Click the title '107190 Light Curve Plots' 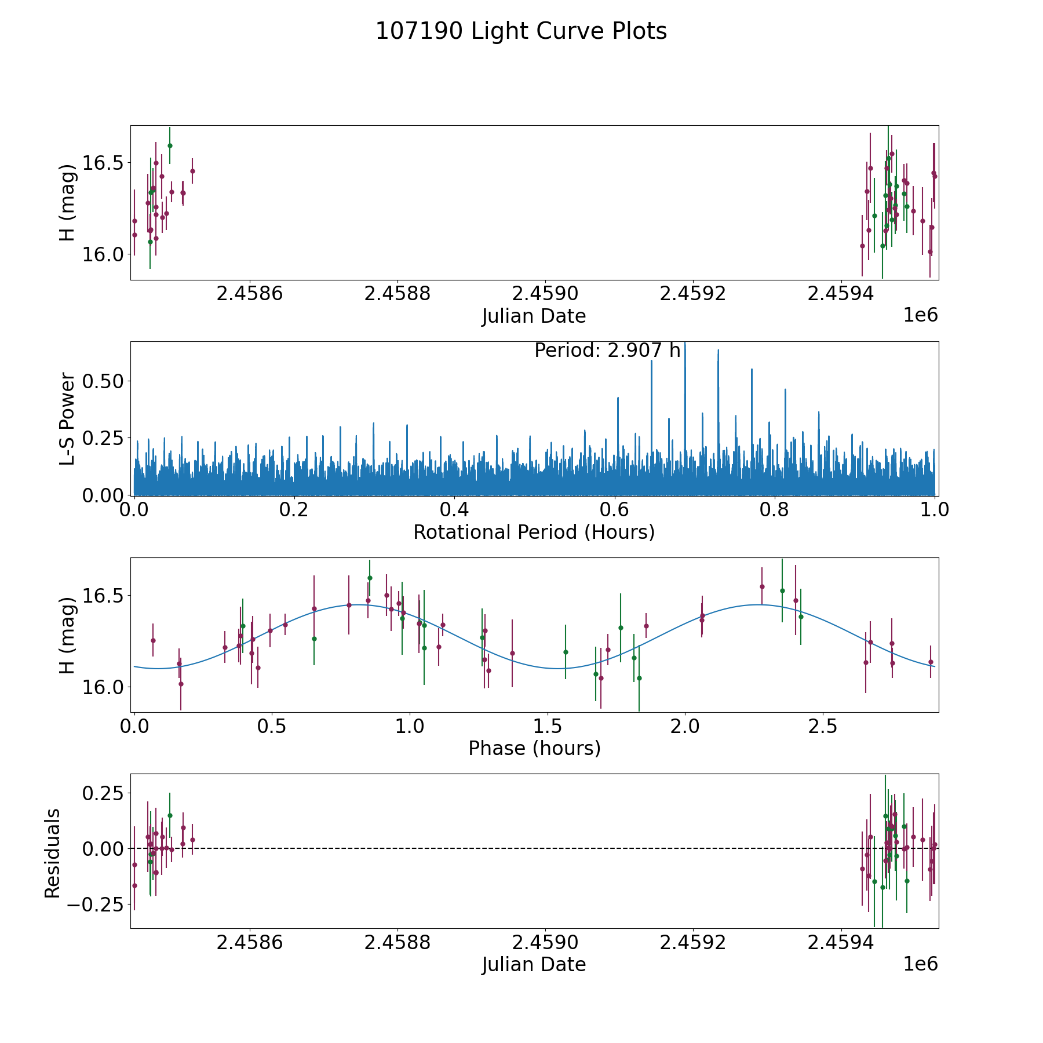pyautogui.click(x=521, y=31)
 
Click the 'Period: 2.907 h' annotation pyautogui.click(x=607, y=351)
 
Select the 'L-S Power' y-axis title pyautogui.click(x=67, y=418)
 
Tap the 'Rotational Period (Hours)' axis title pyautogui.click(x=534, y=532)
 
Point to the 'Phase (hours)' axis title pyautogui.click(x=534, y=749)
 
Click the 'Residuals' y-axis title pyautogui.click(x=52, y=853)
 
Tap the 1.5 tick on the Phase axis pyautogui.click(x=548, y=727)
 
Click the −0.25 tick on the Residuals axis pyautogui.click(x=98, y=905)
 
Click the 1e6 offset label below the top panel pyautogui.click(x=921, y=315)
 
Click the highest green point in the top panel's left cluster pyautogui.click(x=170, y=145)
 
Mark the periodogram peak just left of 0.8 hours pyautogui.click(x=752, y=369)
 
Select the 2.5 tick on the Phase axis pyautogui.click(x=823, y=727)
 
